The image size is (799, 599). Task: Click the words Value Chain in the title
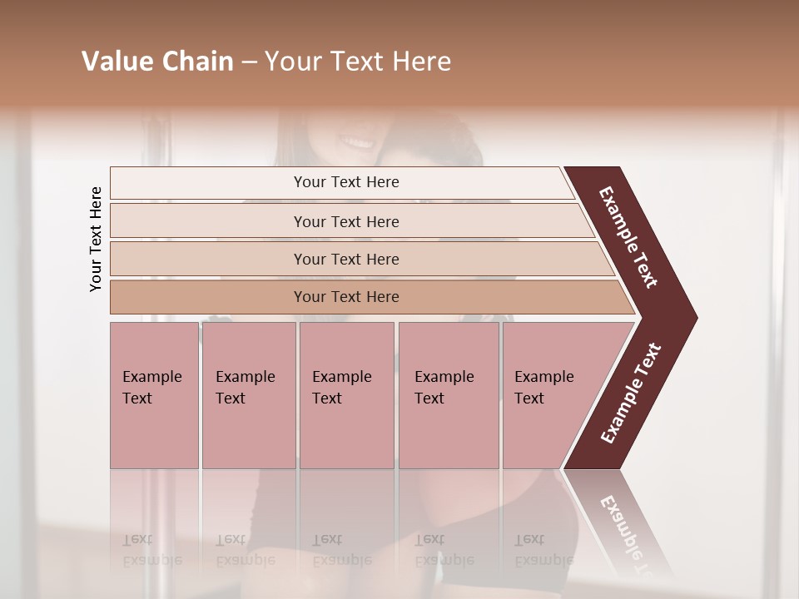pos(157,62)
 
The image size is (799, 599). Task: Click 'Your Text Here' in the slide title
pos(358,62)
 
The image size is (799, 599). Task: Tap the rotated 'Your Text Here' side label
pos(96,239)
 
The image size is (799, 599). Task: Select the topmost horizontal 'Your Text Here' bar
pos(345,182)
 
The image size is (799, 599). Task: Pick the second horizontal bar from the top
pos(345,221)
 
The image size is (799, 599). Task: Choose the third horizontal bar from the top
pos(345,259)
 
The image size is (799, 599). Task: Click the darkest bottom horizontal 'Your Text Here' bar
pos(345,297)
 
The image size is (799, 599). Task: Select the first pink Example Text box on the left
pos(154,394)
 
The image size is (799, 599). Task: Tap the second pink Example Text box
pos(248,394)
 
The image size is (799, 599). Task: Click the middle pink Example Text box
pos(346,394)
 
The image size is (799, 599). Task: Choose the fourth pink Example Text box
pos(449,394)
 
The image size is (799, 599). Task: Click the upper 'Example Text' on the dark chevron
pos(628,237)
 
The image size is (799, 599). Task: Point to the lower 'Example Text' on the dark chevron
pos(630,394)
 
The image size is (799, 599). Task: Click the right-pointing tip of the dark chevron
pos(692,318)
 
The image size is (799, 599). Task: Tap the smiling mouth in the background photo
pos(356,142)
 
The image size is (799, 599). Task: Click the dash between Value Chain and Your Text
pos(249,62)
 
